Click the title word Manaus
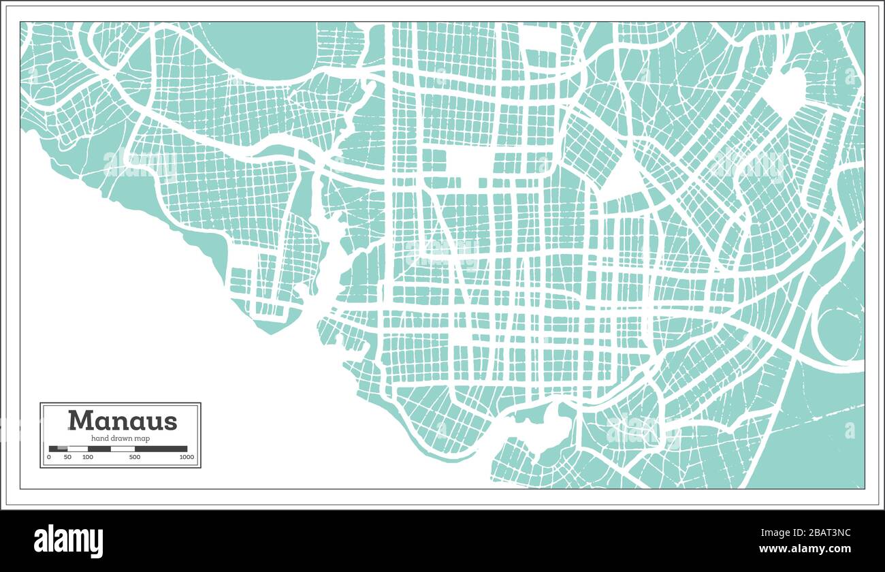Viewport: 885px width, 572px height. [x=123, y=420]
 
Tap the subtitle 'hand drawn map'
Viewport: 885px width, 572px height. [x=120, y=439]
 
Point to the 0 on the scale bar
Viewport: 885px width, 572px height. [x=49, y=457]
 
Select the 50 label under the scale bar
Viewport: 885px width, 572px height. [x=67, y=457]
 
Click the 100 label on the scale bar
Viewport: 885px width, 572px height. [x=88, y=457]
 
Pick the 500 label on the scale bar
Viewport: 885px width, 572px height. [x=135, y=457]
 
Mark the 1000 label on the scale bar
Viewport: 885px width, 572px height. [x=186, y=457]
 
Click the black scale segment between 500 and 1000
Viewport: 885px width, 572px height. [x=161, y=449]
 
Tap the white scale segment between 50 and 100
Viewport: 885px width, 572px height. [x=78, y=449]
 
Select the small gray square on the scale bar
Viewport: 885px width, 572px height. [x=63, y=449]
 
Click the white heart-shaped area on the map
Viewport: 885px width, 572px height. [x=786, y=92]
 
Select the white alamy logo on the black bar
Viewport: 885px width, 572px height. [x=68, y=541]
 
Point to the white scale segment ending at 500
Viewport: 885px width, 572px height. [x=123, y=449]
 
